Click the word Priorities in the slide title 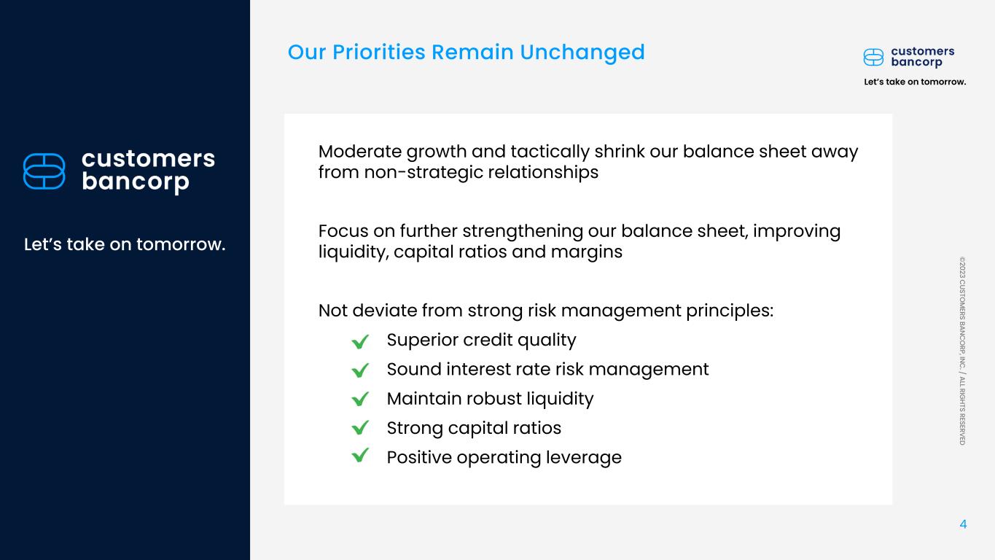click(x=379, y=52)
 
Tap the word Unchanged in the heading click(x=582, y=53)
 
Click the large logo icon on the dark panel click(x=44, y=171)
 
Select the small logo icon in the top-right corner click(x=873, y=58)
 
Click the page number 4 click(x=963, y=524)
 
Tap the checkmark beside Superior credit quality click(x=360, y=341)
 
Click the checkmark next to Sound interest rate click(x=360, y=370)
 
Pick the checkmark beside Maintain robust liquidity click(x=360, y=399)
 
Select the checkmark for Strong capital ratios click(x=360, y=427)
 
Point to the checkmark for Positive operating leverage click(x=360, y=456)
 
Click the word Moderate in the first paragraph click(x=360, y=152)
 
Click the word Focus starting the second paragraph click(x=343, y=231)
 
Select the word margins click(x=586, y=253)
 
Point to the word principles click(x=730, y=311)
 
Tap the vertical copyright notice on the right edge click(x=962, y=351)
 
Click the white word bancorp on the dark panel click(x=136, y=182)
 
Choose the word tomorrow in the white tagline click(x=181, y=244)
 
